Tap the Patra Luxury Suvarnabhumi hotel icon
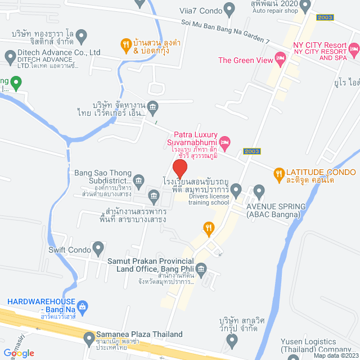[x=224, y=141]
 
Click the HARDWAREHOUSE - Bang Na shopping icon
[x=83, y=307]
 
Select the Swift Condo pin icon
[x=99, y=247]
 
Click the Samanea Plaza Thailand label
[x=139, y=334]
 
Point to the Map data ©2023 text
[x=335, y=355]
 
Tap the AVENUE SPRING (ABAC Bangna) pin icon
[x=259, y=191]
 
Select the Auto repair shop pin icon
[x=304, y=6]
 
